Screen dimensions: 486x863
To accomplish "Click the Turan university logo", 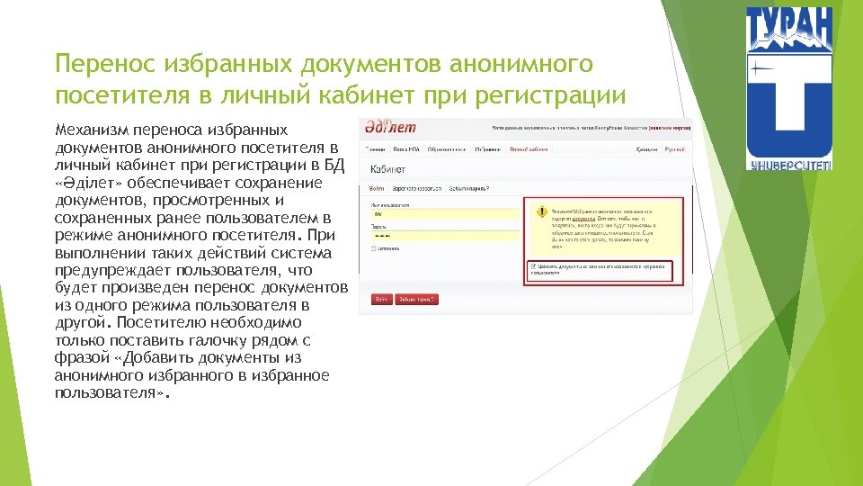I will pyautogui.click(x=790, y=88).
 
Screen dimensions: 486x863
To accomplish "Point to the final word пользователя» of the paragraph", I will pyautogui.click(x=111, y=393).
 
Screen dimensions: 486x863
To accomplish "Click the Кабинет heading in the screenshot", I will pyautogui.click(x=388, y=169).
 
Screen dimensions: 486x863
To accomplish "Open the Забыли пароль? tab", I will pyautogui.click(x=469, y=189).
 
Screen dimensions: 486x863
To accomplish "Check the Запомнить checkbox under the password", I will pyautogui.click(x=374, y=248).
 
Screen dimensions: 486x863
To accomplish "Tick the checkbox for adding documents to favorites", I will pyautogui.click(x=533, y=266).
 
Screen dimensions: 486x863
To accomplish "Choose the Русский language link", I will pyautogui.click(x=675, y=148).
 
